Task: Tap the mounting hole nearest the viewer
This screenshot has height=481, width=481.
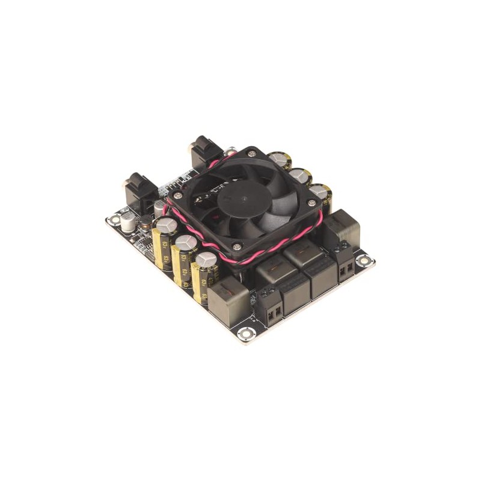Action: coord(245,334)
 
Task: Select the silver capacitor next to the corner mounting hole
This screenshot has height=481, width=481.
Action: coord(128,221)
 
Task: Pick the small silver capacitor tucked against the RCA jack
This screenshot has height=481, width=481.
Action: coord(159,207)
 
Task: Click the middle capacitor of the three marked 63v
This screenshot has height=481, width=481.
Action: coord(184,256)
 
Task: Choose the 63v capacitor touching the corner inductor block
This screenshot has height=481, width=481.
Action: coord(204,274)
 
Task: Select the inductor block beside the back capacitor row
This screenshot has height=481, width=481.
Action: coord(342,227)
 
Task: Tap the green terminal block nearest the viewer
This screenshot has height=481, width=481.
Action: coord(272,307)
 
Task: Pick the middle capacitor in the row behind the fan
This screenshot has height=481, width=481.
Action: coord(299,177)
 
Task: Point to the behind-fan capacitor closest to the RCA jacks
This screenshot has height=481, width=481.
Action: coord(280,160)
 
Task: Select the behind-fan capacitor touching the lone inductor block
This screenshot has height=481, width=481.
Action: coord(321,194)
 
